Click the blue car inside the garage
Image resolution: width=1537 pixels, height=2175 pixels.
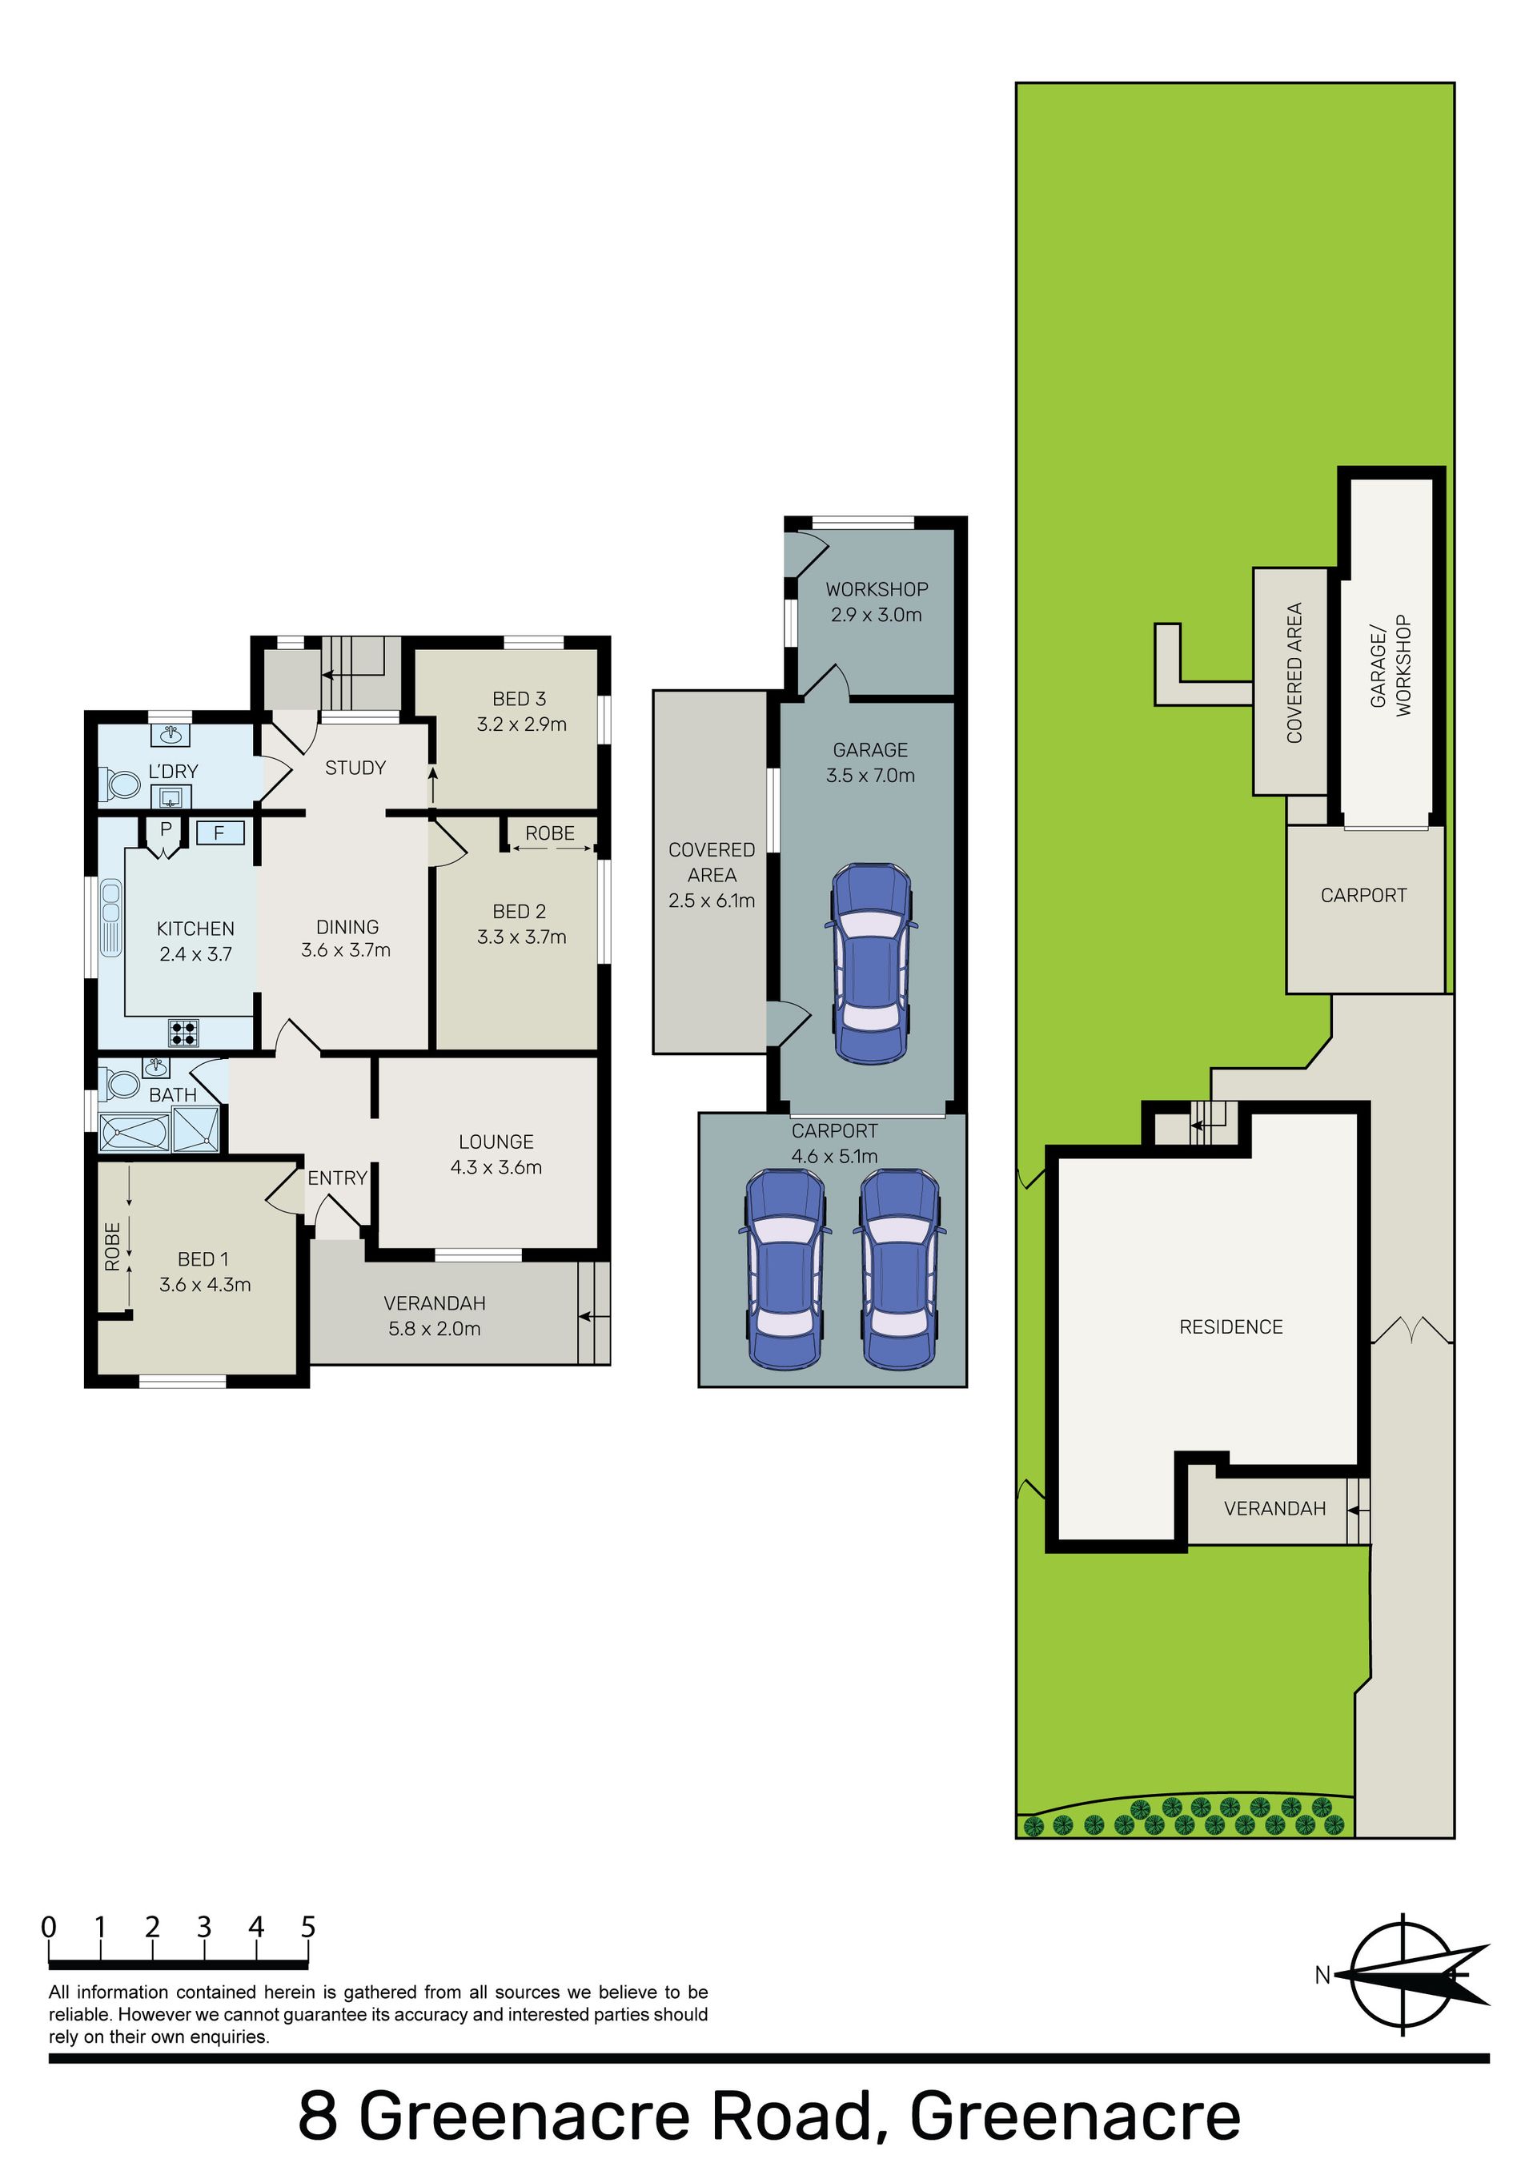coord(871,962)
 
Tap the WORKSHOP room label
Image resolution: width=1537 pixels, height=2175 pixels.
coord(877,589)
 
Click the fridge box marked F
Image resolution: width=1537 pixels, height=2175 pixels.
coord(220,833)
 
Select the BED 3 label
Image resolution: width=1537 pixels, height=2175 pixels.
coord(520,699)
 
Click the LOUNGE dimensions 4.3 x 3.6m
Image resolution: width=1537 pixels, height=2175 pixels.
coord(496,1167)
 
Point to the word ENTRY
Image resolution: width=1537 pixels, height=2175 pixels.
coord(337,1178)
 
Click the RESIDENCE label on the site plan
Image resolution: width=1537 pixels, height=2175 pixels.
coord(1231,1327)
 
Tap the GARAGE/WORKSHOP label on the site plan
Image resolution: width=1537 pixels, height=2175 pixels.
coord(1391,665)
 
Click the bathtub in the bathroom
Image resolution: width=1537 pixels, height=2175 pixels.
coord(134,1133)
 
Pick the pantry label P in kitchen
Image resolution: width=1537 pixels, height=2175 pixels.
coord(166,830)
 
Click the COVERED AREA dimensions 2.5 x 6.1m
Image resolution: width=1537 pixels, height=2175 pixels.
coord(712,901)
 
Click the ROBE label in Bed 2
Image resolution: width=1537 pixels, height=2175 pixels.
coord(550,833)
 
